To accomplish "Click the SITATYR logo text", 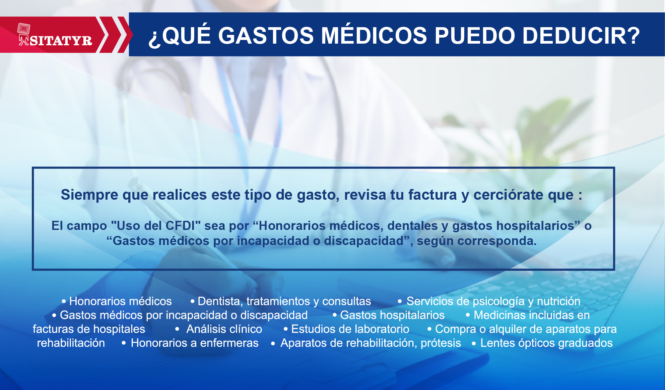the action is (61, 41).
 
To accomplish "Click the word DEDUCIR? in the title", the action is (581, 36).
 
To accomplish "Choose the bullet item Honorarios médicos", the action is (120, 301).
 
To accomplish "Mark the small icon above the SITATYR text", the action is (24, 29).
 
